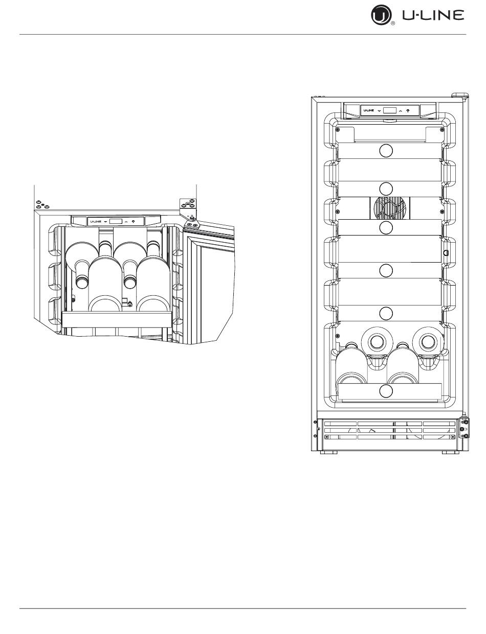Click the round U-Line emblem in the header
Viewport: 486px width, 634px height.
[381, 15]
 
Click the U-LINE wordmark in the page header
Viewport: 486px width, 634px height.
[433, 15]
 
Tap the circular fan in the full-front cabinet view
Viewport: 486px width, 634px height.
[390, 208]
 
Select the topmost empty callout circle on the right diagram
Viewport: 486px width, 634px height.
[386, 151]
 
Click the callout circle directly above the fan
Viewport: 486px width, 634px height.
[386, 189]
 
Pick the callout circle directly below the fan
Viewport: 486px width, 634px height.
[386, 227]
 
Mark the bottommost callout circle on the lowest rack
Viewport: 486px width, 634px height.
[386, 391]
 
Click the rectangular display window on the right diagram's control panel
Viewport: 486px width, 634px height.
[389, 110]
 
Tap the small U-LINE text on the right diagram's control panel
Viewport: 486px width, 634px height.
[368, 110]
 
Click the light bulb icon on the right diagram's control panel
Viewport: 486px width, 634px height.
[408, 110]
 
